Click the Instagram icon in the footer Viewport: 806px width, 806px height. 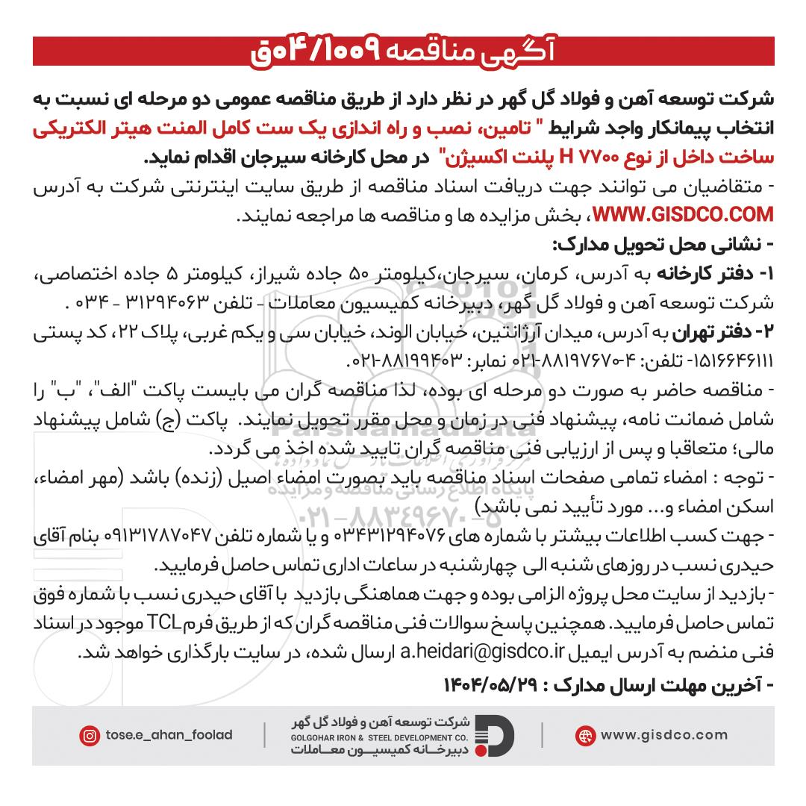tap(90, 736)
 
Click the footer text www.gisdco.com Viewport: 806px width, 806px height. tap(657, 736)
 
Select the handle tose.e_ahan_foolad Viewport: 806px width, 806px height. tap(168, 736)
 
